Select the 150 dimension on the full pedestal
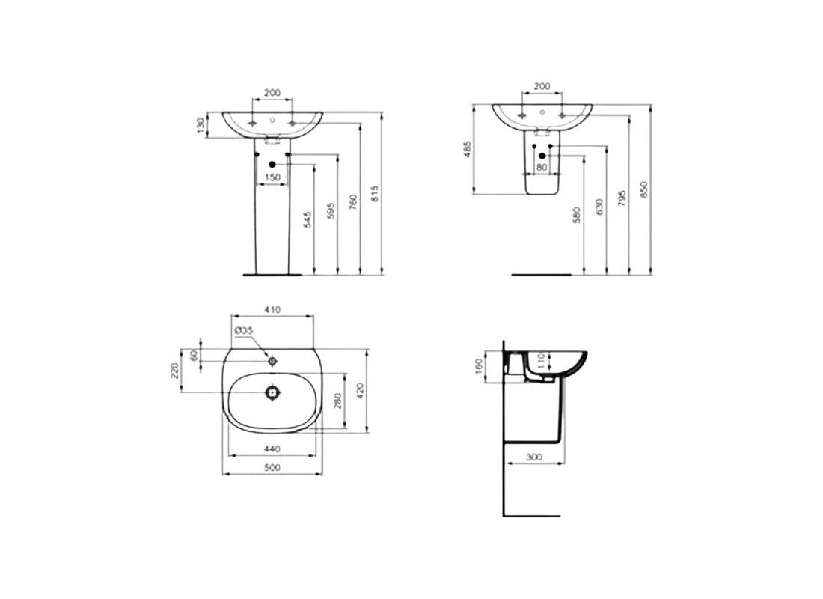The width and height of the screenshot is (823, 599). coord(273,177)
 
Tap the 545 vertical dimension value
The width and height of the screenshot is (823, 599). coord(308,219)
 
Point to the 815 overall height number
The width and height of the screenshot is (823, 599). coord(376,193)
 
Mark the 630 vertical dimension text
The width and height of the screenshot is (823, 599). coord(598,208)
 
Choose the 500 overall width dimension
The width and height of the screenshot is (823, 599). coord(273,468)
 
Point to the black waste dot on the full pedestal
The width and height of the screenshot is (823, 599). coord(272,165)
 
